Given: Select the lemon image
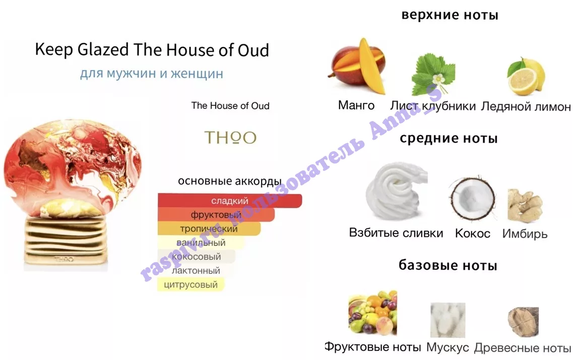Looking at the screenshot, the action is point(526,77).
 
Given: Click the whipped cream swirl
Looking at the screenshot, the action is point(397,191).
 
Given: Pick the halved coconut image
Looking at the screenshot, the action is point(472,200).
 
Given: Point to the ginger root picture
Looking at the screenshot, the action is point(525,206).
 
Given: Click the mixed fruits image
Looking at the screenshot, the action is point(372,313).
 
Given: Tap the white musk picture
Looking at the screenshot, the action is point(447,320).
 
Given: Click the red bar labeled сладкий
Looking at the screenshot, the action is point(230,201).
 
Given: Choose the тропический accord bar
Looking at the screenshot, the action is point(209,229).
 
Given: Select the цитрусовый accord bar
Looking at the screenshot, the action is point(190,284).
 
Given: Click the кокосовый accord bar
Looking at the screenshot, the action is point(197,257).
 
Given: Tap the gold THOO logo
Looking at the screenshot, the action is point(230,138).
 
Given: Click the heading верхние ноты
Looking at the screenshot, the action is point(450,15).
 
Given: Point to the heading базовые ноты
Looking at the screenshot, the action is point(448,265).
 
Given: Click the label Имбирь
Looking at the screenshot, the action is point(525,233).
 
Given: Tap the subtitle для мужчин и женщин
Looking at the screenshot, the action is point(152,73).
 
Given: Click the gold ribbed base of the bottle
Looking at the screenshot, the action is point(66,240).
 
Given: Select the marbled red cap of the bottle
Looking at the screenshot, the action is point(73,167).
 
